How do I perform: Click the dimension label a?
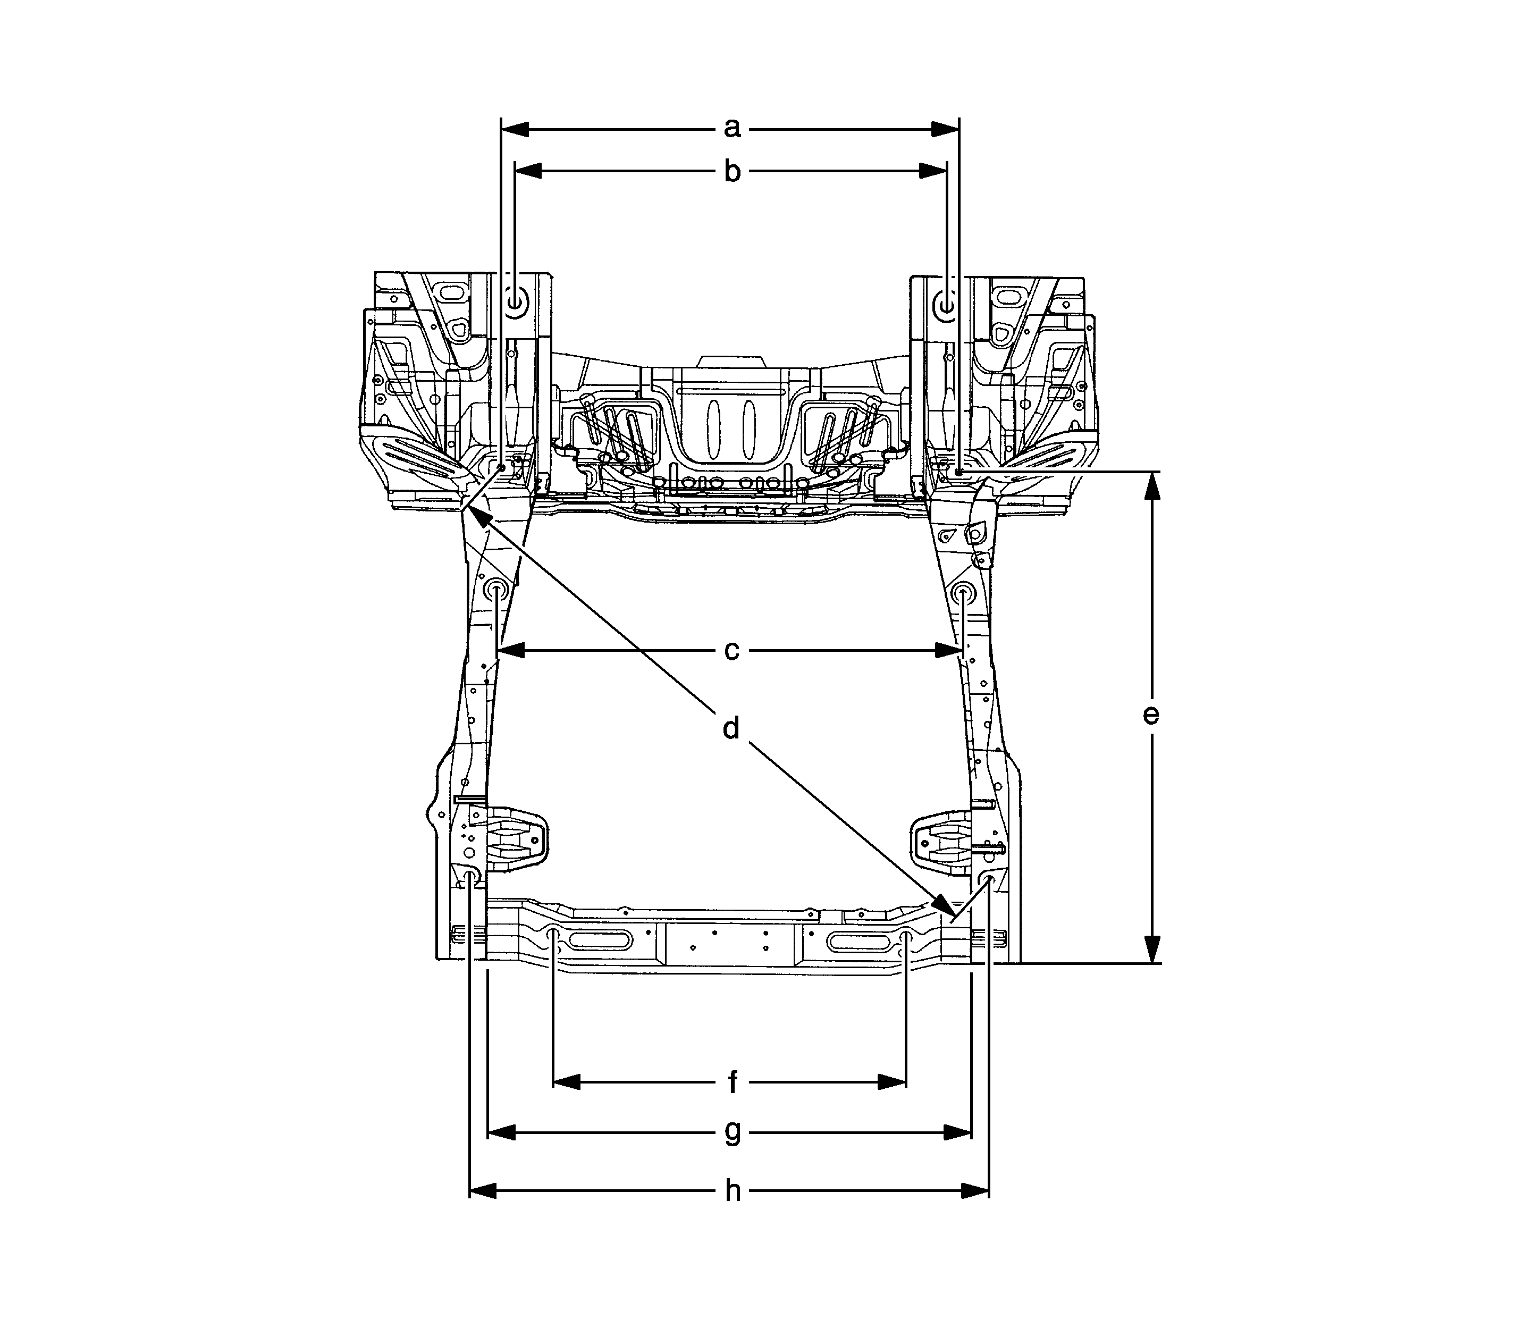tap(731, 129)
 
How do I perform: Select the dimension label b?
tap(731, 172)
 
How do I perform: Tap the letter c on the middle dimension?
tap(731, 651)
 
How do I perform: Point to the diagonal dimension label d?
tap(731, 729)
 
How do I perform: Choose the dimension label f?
tap(733, 1082)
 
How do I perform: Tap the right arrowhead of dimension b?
tap(935, 171)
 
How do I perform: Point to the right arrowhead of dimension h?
tap(976, 1191)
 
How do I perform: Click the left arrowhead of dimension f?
tap(567, 1082)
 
